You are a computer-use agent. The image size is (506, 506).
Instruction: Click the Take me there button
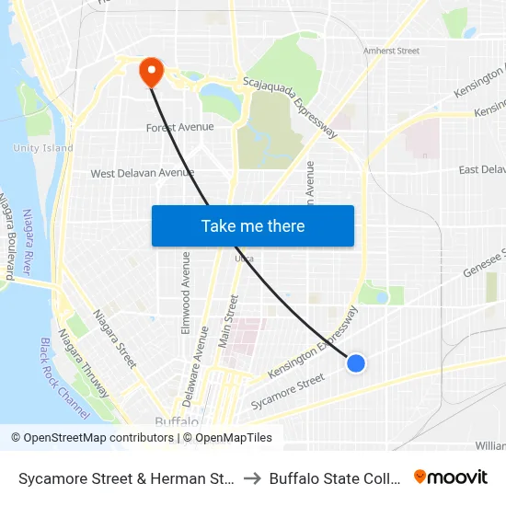point(253,225)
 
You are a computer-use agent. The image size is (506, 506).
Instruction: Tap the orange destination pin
point(150,72)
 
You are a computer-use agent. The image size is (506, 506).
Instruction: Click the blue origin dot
point(356,363)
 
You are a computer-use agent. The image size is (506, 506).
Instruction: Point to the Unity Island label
point(43,148)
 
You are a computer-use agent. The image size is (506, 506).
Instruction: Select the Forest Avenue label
point(179,128)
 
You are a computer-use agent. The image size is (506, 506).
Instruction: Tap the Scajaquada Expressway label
point(291,107)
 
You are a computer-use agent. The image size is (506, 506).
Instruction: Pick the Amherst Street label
point(391,52)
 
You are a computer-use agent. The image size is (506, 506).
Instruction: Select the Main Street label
point(228,322)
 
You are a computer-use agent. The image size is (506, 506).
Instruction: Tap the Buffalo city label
point(176,421)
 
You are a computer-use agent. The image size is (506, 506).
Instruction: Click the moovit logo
point(451,477)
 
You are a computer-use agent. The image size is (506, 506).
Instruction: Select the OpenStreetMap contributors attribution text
point(92,438)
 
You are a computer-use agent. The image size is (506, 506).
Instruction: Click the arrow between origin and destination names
point(251,478)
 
